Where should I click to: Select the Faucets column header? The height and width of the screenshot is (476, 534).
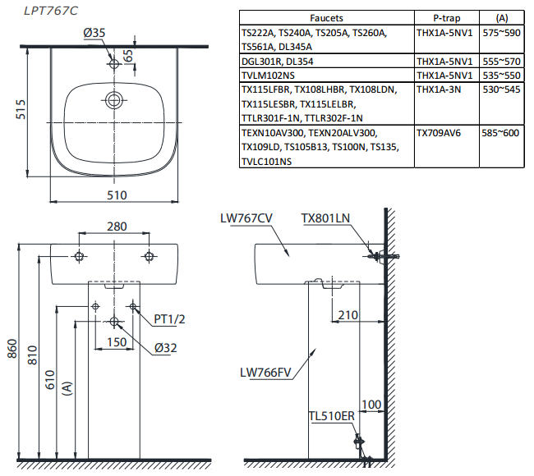click(327, 17)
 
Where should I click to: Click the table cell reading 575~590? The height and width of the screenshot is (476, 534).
click(500, 32)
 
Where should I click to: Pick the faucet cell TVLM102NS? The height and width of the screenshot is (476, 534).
click(267, 75)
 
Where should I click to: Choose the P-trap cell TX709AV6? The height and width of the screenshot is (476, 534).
click(439, 132)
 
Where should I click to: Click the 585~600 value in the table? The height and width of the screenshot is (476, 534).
click(500, 132)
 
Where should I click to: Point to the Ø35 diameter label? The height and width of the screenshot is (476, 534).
click(94, 33)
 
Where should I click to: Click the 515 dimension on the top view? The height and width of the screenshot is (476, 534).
click(22, 109)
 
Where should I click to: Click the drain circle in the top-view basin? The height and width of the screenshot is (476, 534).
click(114, 100)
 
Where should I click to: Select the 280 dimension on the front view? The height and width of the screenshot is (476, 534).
click(115, 227)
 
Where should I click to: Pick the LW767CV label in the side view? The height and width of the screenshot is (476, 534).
click(246, 218)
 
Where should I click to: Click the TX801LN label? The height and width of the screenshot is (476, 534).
click(325, 218)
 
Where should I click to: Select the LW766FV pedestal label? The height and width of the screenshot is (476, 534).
click(266, 372)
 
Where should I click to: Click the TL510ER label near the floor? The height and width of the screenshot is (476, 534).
click(331, 416)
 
